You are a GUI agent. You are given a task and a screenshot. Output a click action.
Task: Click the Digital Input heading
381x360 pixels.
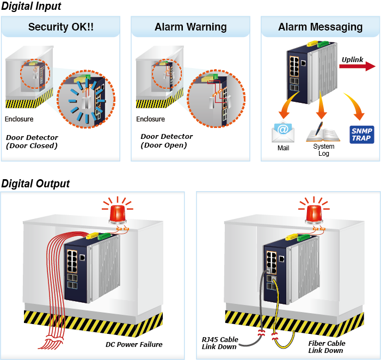[31, 7]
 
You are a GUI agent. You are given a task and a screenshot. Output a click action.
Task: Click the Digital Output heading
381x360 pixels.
[35, 184]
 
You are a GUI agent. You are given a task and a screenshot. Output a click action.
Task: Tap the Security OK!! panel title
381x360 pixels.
[61, 27]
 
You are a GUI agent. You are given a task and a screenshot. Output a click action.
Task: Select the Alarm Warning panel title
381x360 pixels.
[190, 27]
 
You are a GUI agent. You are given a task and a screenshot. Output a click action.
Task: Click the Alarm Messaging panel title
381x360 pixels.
[320, 27]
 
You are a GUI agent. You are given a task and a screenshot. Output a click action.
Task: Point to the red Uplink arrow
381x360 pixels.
[357, 66]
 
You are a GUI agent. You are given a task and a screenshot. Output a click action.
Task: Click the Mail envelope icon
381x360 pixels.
[283, 132]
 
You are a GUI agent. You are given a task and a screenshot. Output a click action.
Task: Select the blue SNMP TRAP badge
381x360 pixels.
[361, 134]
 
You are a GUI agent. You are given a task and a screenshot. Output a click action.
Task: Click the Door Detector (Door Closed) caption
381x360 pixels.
[32, 142]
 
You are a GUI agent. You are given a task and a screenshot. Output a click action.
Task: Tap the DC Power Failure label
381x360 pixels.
[134, 344]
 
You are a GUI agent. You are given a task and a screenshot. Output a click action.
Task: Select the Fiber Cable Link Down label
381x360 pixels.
[327, 347]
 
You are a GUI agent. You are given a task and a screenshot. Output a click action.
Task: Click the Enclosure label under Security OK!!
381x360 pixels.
[19, 119]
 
